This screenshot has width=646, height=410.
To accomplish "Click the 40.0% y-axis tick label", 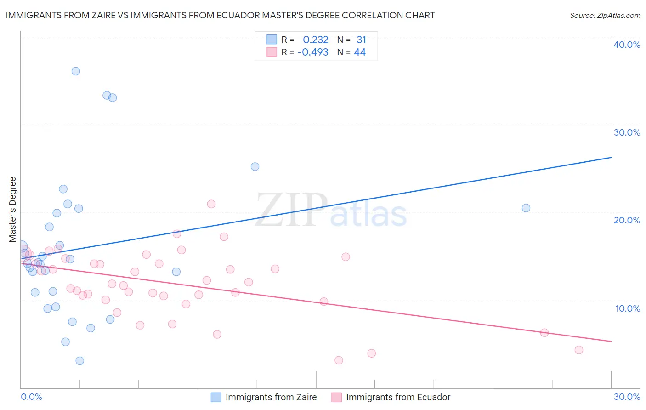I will point(627,45).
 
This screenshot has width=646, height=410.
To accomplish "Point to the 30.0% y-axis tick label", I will point(627,132).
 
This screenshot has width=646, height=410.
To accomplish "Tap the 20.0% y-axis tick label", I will point(627,220).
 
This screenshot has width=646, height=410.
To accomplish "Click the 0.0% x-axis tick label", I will point(31,397).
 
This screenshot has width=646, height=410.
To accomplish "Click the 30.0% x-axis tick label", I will point(627,397).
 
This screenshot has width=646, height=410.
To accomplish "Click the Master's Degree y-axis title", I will point(13,210).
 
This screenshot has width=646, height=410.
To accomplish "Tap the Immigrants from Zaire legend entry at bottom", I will point(271,397).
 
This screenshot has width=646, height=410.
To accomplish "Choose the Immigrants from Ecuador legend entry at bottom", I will point(398,397).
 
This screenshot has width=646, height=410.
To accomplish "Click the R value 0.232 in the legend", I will point(315,40).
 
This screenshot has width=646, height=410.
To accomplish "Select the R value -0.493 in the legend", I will point(313,52).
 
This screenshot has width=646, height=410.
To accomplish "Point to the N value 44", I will point(360,52).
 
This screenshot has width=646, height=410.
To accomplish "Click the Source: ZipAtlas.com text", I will point(605,16).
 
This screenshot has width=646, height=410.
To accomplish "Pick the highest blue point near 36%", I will point(76,71).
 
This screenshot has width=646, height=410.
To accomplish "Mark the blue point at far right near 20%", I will point(526,208).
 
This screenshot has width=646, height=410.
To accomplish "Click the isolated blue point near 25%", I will point(255,166).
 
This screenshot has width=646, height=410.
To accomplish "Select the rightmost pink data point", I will point(579,350).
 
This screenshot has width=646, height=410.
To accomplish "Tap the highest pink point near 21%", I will point(211,204).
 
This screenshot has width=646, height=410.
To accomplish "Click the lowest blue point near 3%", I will point(80,361).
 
